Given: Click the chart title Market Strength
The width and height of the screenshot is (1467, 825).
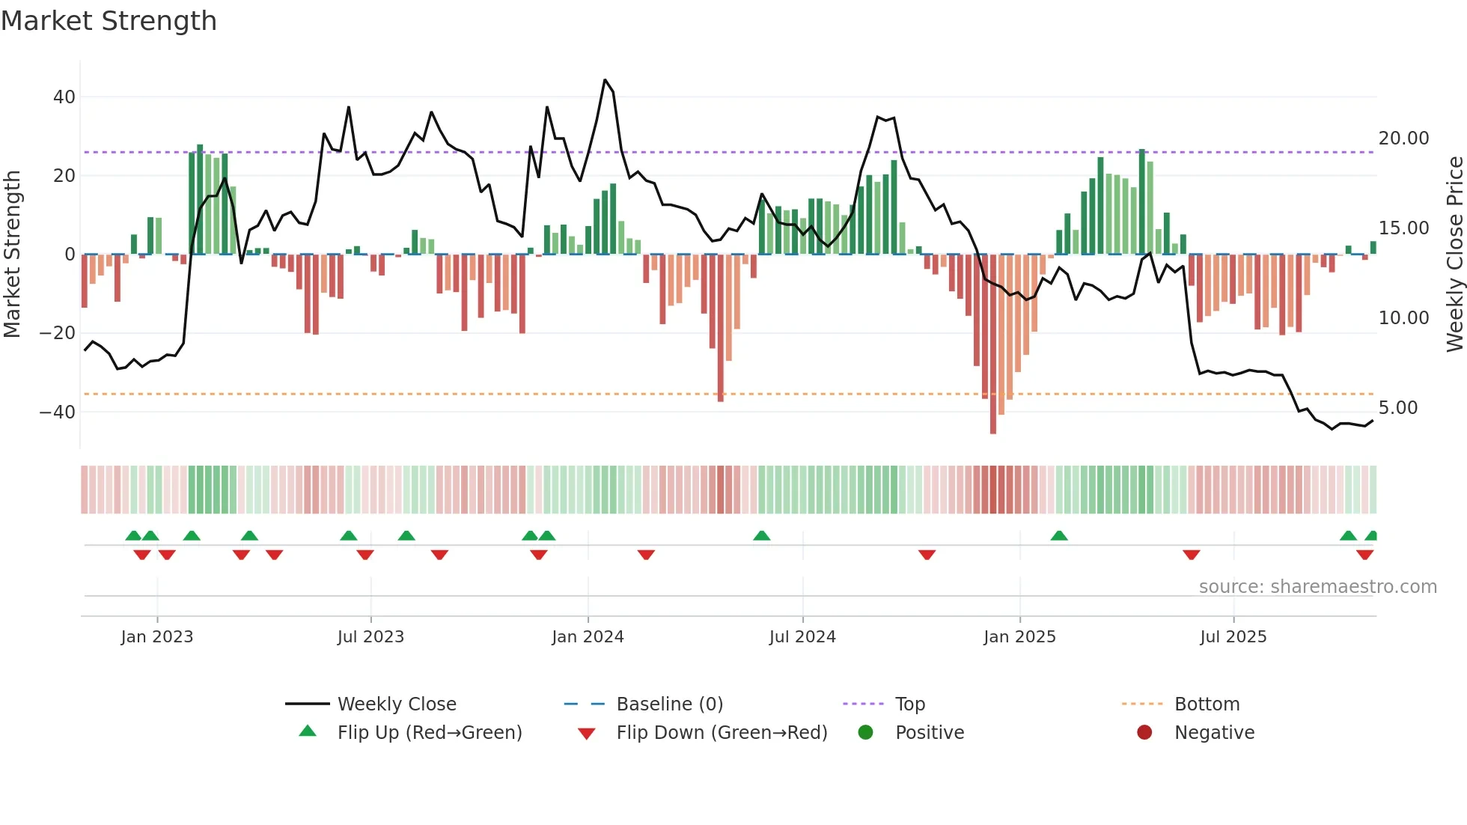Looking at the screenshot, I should click(x=109, y=21).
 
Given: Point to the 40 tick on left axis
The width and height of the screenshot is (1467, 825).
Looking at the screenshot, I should click(x=64, y=97).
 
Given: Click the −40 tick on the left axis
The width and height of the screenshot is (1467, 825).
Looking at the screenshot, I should click(x=58, y=412).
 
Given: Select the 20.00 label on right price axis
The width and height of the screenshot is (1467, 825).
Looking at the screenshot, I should click(x=1403, y=138).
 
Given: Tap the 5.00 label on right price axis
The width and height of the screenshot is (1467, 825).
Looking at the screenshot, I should click(x=1397, y=408).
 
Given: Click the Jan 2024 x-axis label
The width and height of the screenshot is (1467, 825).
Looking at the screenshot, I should click(x=588, y=637).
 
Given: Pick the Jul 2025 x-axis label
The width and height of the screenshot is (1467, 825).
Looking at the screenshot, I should click(x=1233, y=637).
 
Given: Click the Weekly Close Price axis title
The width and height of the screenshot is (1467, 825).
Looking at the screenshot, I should click(x=1454, y=255).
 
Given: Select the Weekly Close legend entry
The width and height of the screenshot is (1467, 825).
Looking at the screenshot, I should click(x=397, y=704).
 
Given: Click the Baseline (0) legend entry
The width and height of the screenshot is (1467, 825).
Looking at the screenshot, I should click(x=669, y=704).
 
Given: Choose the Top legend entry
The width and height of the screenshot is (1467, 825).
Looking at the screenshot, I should click(x=910, y=704).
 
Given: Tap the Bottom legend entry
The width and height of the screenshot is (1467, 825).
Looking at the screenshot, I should click(x=1207, y=704).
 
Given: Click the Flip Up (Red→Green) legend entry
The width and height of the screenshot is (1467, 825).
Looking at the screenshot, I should click(x=430, y=733).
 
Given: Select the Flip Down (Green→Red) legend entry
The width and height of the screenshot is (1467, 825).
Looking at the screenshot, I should click(x=722, y=733).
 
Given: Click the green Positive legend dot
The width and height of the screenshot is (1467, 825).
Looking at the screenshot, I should click(x=866, y=733).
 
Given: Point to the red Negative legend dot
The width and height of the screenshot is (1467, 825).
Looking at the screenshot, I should click(x=1144, y=733).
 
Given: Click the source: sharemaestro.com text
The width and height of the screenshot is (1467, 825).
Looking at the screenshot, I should click(x=1317, y=587).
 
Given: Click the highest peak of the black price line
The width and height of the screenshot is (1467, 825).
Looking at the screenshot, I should click(x=605, y=80).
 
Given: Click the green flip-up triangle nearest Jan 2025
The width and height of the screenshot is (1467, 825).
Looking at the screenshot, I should click(x=1058, y=536).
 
